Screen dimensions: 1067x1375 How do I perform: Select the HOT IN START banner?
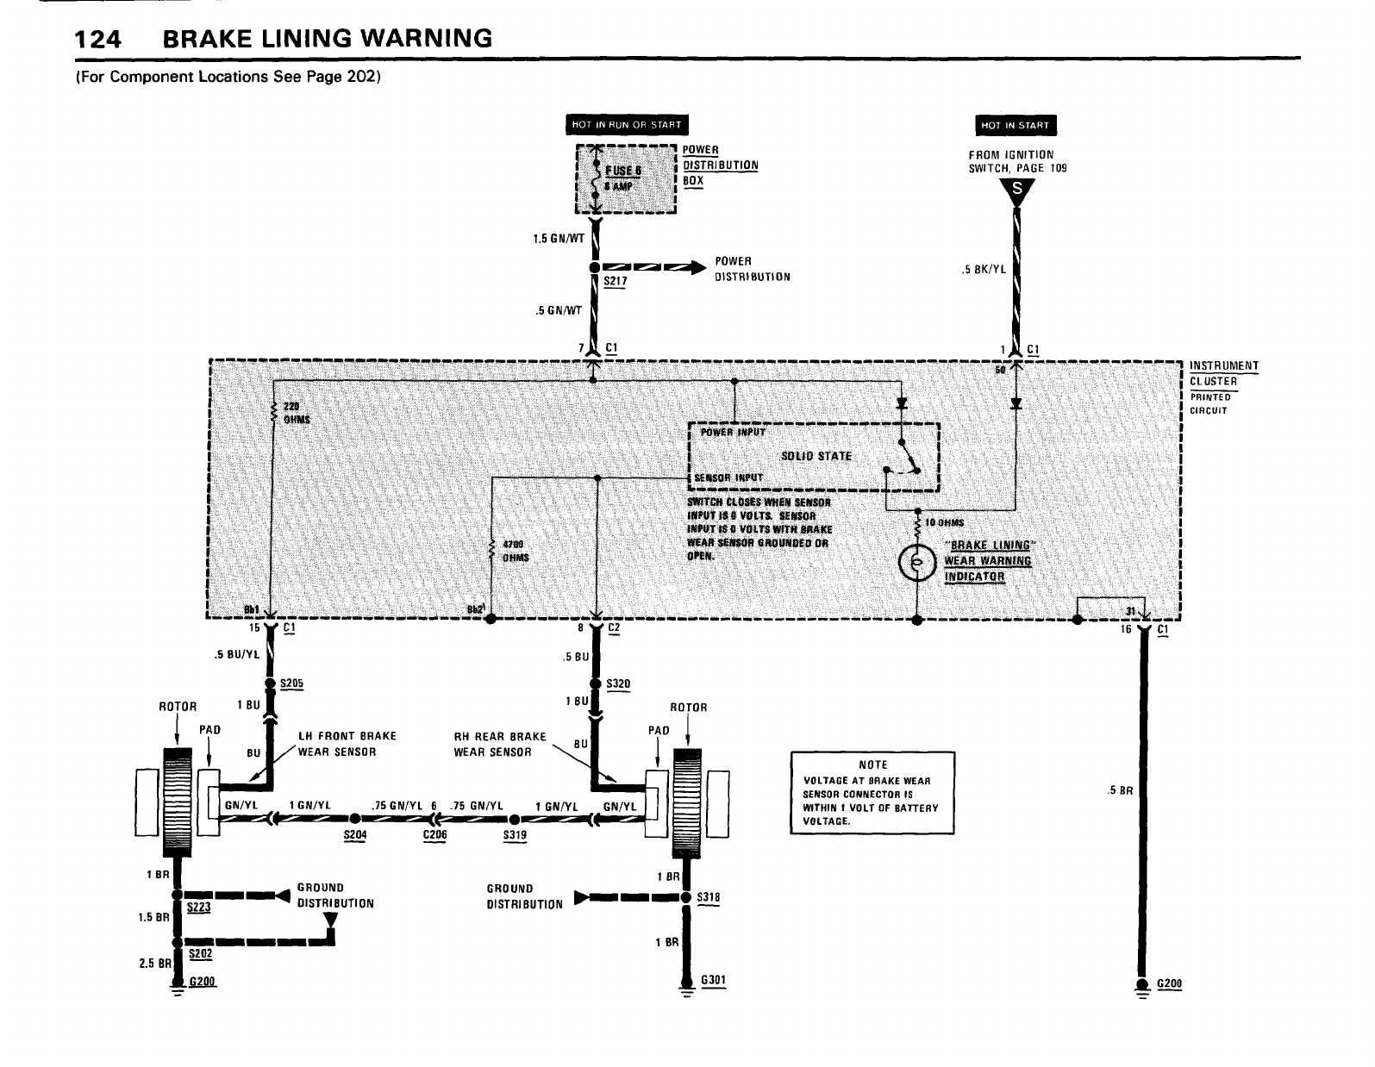[1016, 126]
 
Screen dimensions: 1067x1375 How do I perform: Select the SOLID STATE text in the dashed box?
[816, 456]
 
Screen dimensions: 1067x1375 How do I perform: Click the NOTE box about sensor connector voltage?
[872, 792]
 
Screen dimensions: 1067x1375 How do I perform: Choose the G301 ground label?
[713, 980]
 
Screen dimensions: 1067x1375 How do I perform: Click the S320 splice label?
[618, 683]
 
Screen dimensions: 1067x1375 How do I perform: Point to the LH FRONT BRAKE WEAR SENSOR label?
[347, 743]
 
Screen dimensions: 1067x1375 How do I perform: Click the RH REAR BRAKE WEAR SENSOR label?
[500, 744]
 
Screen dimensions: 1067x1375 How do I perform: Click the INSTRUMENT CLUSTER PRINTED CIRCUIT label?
[1223, 387]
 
